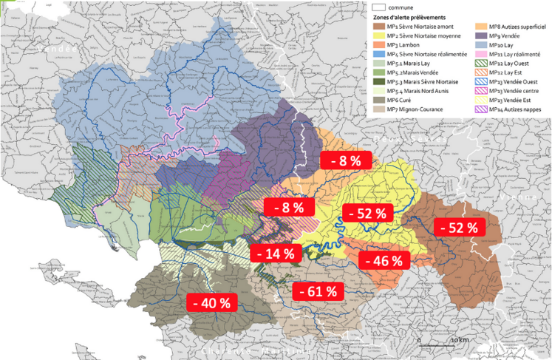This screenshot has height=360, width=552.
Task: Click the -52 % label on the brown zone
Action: click(459, 227)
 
